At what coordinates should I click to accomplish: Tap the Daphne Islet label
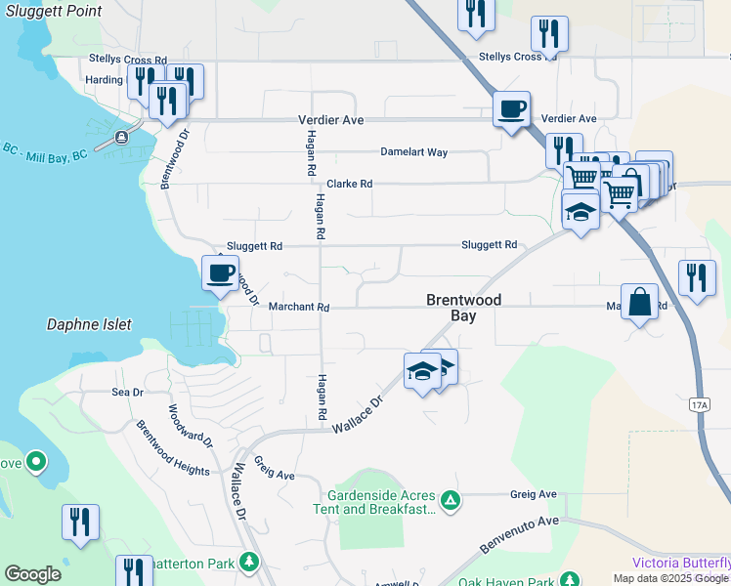(x=89, y=324)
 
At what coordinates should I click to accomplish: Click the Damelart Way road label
(x=413, y=152)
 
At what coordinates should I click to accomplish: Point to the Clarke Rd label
(x=349, y=184)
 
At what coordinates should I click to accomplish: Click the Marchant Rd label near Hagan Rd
(x=299, y=307)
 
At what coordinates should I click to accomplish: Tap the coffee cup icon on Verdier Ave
(x=511, y=109)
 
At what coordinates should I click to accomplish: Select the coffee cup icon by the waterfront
(x=220, y=272)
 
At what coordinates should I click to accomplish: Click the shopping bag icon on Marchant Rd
(x=640, y=303)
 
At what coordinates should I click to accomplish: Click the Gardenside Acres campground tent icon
(x=450, y=501)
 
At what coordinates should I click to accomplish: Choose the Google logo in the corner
(x=32, y=574)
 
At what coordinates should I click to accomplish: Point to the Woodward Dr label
(x=191, y=427)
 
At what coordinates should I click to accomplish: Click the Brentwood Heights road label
(x=172, y=449)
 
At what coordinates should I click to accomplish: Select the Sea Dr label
(x=127, y=393)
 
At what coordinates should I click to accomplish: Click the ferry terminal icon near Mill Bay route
(x=123, y=137)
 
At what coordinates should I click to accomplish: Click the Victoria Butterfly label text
(x=681, y=563)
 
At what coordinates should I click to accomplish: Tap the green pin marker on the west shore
(x=36, y=460)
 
